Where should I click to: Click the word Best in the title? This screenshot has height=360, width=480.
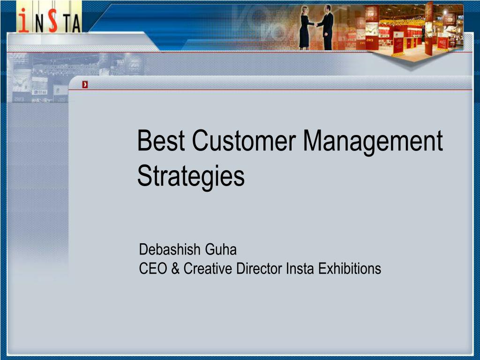point(161,141)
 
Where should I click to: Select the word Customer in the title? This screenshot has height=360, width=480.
point(244,141)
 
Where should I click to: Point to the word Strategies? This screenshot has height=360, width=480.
point(191,176)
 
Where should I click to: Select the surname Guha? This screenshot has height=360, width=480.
point(221,249)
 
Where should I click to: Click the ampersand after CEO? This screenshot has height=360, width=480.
point(175,269)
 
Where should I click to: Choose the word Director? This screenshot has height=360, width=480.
point(259,269)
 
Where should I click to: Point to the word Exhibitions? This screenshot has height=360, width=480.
point(350,269)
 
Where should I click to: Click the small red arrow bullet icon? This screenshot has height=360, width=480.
point(85,85)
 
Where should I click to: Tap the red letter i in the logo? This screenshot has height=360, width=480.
point(23,20)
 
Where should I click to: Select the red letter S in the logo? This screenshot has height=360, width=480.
point(53,20)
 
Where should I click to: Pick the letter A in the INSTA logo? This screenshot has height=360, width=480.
point(76,24)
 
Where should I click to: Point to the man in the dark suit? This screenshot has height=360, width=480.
point(326,28)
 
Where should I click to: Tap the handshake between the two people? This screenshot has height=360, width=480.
point(315,24)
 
